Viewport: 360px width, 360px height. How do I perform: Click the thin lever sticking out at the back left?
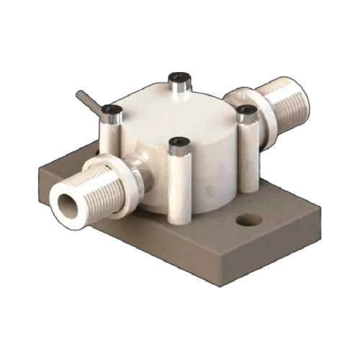coord(86,102)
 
